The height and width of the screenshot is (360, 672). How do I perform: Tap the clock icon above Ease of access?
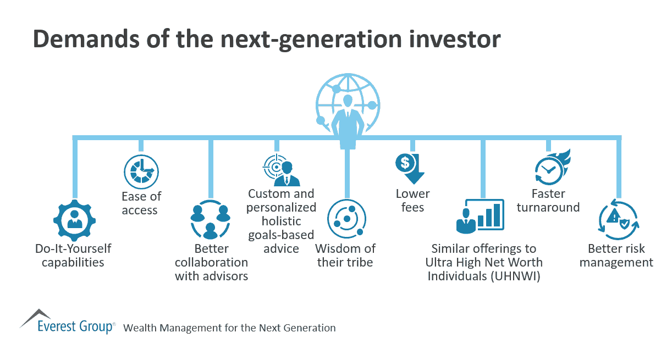pyautogui.click(x=141, y=171)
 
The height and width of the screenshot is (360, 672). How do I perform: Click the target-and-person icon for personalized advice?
pyautogui.click(x=280, y=171)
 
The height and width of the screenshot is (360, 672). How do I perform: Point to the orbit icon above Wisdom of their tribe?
pyautogui.click(x=346, y=219)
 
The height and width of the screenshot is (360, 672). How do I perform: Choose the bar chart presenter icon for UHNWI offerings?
pyautogui.click(x=481, y=215)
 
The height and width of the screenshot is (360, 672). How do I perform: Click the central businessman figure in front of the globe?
pyautogui.click(x=346, y=121)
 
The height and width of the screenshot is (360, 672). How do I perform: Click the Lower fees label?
pyautogui.click(x=412, y=201)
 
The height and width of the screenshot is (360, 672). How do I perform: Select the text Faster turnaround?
pyautogui.click(x=555, y=201)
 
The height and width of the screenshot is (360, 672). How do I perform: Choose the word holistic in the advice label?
pyautogui.click(x=281, y=221)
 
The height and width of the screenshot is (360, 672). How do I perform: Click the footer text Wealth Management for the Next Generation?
pyautogui.click(x=229, y=328)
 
